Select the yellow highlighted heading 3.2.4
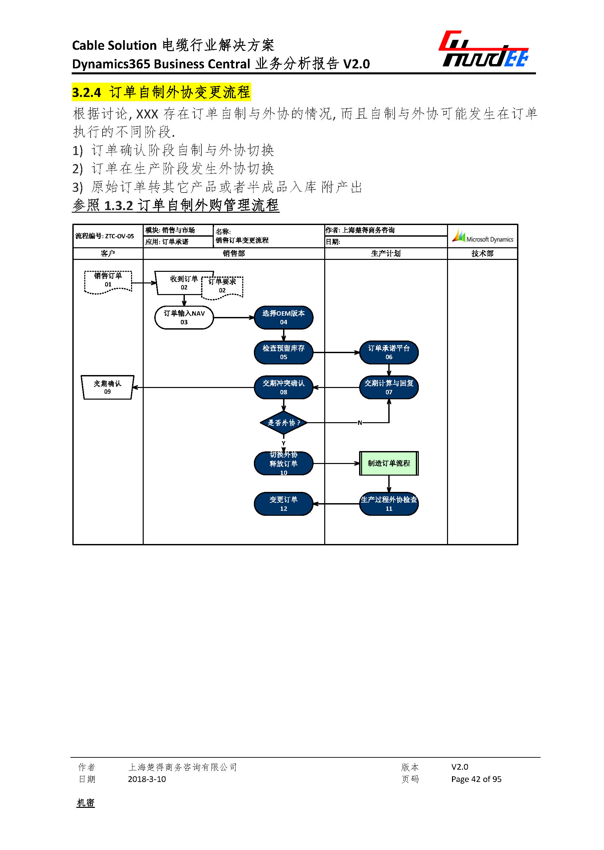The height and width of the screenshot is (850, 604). coord(161,92)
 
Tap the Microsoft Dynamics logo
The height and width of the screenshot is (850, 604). coord(483,236)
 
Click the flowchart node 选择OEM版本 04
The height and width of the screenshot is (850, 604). coord(283,317)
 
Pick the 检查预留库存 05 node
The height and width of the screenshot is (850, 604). coord(283,352)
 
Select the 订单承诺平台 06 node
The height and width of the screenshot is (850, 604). coord(389,352)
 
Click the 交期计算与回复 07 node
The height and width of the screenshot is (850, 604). coord(389,387)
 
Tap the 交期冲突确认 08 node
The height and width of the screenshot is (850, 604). coord(283,387)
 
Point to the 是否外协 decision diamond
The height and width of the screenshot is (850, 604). coord(283,423)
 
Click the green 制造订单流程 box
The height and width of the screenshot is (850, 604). coord(389,463)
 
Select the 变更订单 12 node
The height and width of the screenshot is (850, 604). coord(283,504)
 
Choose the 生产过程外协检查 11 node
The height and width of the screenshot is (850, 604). coord(389,504)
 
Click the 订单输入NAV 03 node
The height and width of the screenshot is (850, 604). coord(184,317)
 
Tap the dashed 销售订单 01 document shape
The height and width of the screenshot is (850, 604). coord(108,281)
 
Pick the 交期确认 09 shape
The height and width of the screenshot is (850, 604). coord(108,387)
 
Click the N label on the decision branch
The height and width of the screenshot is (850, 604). coord(360,423)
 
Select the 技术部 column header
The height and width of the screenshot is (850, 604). coord(483,253)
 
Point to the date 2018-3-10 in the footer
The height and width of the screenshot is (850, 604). coord(147,779)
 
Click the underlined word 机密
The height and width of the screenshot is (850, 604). coord(86,803)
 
